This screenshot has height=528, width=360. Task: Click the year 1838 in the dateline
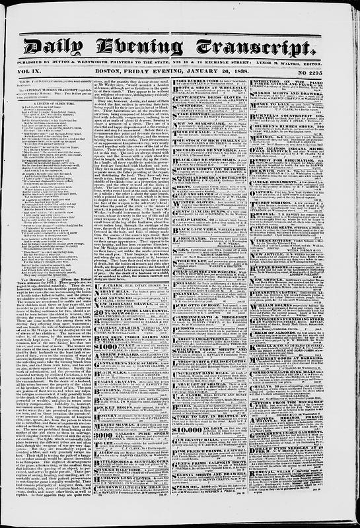coord(238,73)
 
